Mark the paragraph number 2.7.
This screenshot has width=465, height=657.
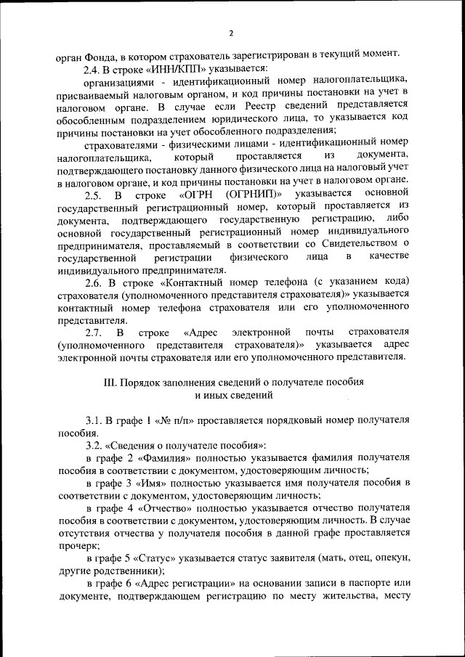tap(92, 332)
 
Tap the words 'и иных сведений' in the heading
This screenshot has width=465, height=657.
tap(233, 395)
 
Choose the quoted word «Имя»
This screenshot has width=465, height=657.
tap(150, 482)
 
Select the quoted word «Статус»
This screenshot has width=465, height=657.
tap(156, 558)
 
